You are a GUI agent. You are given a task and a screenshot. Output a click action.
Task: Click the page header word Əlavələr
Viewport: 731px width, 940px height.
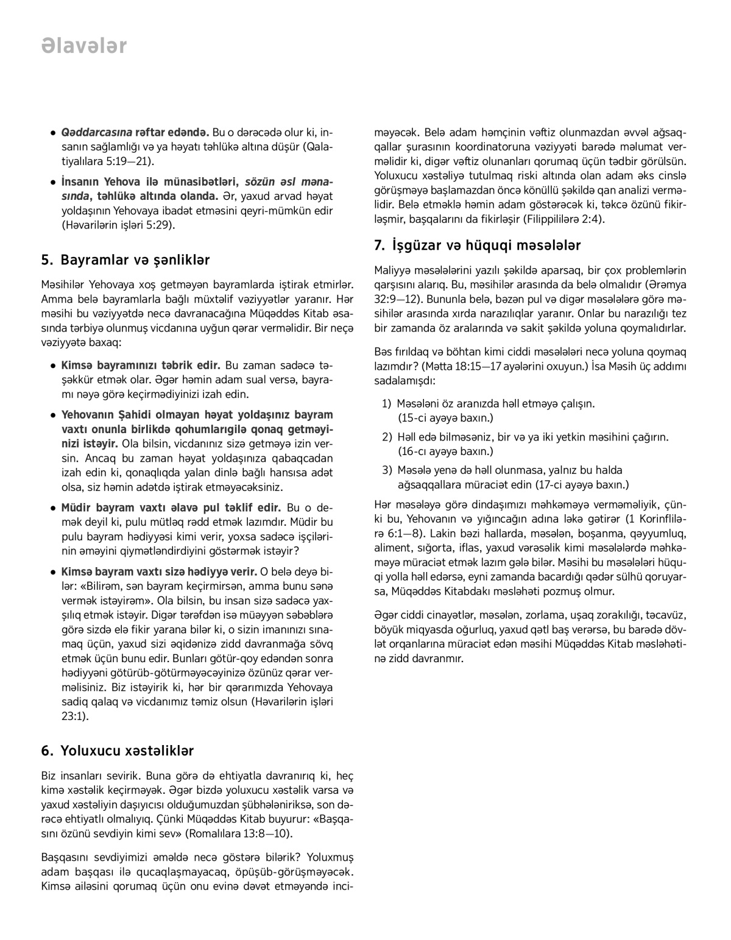click(x=84, y=46)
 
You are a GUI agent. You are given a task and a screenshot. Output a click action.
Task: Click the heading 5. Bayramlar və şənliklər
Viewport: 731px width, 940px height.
click(x=125, y=260)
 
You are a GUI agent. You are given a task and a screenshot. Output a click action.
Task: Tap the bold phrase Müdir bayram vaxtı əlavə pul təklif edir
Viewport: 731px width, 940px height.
click(x=171, y=507)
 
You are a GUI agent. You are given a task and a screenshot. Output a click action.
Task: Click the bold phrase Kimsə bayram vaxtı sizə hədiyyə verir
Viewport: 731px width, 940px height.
click(x=158, y=571)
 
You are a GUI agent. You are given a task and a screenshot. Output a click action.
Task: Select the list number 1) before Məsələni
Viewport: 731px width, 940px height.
click(x=387, y=403)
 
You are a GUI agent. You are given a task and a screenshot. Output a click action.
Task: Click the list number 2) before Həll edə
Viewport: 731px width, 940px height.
click(x=387, y=437)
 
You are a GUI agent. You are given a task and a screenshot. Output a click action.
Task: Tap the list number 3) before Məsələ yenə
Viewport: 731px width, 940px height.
click(x=387, y=470)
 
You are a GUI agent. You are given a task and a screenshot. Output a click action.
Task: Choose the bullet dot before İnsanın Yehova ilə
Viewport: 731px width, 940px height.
click(x=54, y=182)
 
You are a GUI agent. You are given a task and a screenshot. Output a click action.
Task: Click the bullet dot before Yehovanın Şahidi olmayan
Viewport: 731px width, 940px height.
click(x=54, y=415)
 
